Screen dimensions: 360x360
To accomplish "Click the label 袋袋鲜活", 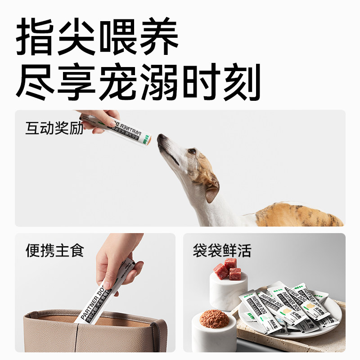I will click(222, 250).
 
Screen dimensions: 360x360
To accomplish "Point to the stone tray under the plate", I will click(333, 331).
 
